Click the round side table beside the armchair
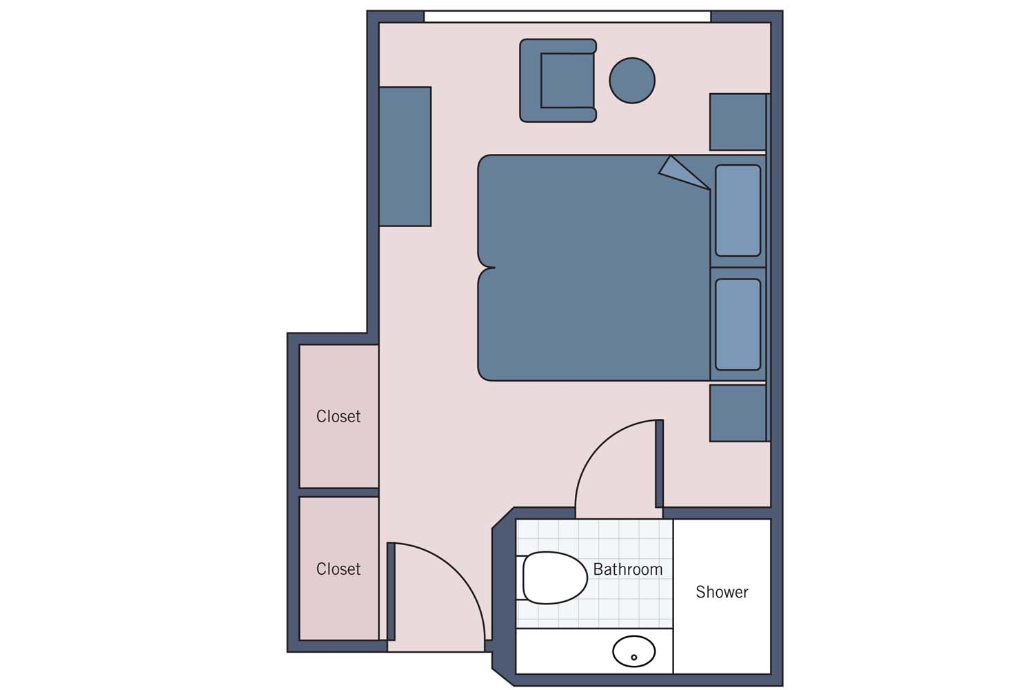[x=632, y=81]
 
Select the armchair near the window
[x=558, y=81]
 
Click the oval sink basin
[x=633, y=651]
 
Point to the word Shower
[x=722, y=592]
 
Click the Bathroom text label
[x=628, y=569]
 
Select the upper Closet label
[x=338, y=416]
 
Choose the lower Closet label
[x=338, y=569]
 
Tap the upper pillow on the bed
[x=738, y=210]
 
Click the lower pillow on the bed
[x=738, y=324]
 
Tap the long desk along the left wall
[x=405, y=157]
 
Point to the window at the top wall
[x=567, y=17]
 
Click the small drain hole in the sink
[x=633, y=657]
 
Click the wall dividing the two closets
[x=339, y=492]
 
